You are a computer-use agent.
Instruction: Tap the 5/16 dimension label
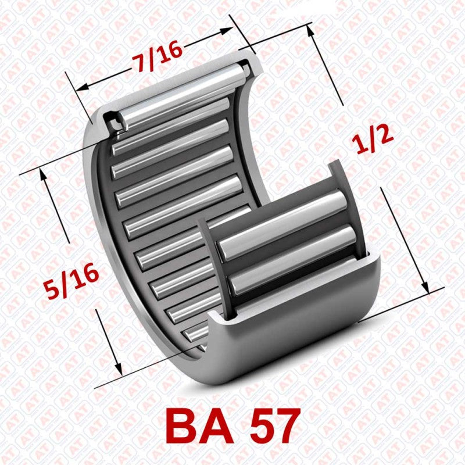point(71,281)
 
